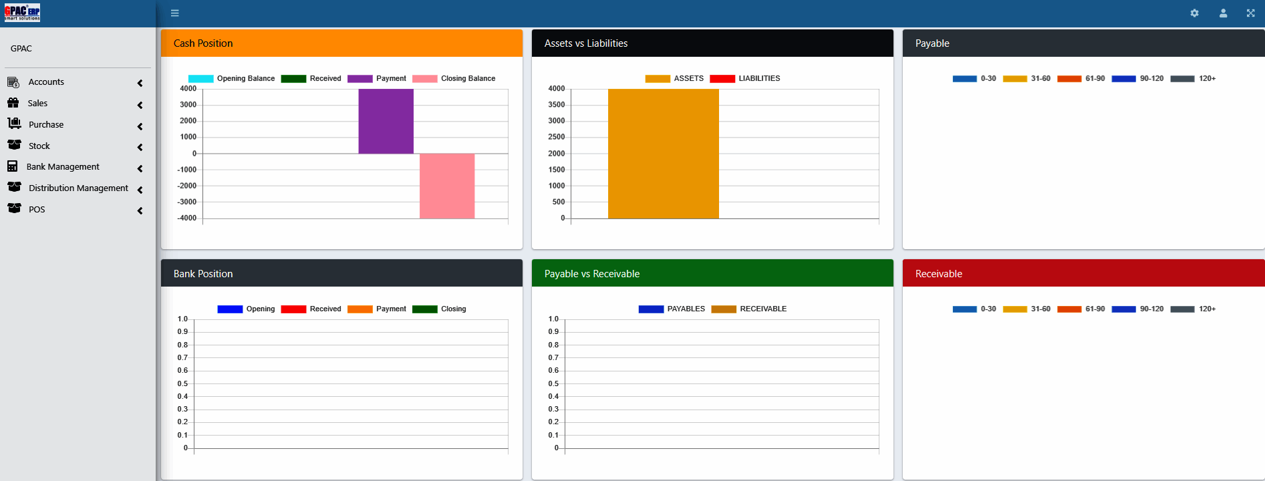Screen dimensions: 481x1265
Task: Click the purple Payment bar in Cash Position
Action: click(x=386, y=121)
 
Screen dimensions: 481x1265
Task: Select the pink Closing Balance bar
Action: click(x=447, y=186)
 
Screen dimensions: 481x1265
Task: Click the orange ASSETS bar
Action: click(x=663, y=154)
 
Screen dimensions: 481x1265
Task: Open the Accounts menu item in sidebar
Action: click(x=46, y=82)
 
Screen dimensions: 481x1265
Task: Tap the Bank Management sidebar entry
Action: click(x=63, y=167)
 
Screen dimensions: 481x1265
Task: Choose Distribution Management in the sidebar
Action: click(x=78, y=188)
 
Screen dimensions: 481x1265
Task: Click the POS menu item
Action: click(x=37, y=210)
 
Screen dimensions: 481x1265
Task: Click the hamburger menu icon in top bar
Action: click(x=175, y=13)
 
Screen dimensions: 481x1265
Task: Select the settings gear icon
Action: click(x=1194, y=13)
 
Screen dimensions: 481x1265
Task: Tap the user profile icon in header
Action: click(x=1223, y=13)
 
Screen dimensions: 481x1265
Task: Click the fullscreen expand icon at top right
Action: click(x=1250, y=13)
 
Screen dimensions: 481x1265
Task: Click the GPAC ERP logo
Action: click(x=23, y=13)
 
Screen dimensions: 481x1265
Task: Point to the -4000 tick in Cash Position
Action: click(x=187, y=218)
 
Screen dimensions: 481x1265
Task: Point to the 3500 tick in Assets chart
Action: click(x=556, y=105)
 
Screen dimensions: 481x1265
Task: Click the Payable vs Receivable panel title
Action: click(x=591, y=274)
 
